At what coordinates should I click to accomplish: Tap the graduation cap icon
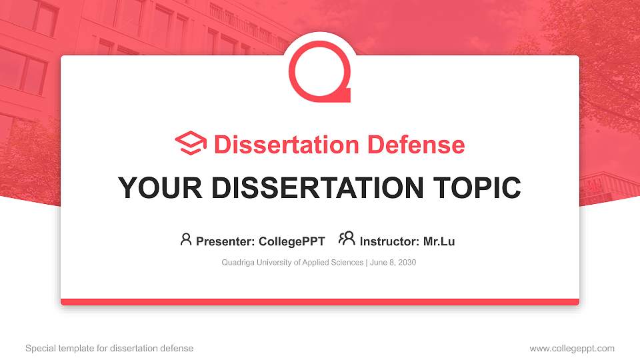click(191, 144)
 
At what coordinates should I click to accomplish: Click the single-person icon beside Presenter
click(186, 239)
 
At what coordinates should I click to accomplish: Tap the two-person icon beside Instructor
click(347, 239)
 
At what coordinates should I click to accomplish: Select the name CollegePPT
click(292, 241)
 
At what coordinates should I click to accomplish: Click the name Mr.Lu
click(439, 241)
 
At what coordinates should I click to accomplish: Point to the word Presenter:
click(225, 241)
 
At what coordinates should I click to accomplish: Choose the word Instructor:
click(389, 241)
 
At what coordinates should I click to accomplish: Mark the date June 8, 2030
click(392, 263)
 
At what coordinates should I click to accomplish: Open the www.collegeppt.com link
click(572, 348)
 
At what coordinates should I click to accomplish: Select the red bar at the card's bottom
click(320, 302)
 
